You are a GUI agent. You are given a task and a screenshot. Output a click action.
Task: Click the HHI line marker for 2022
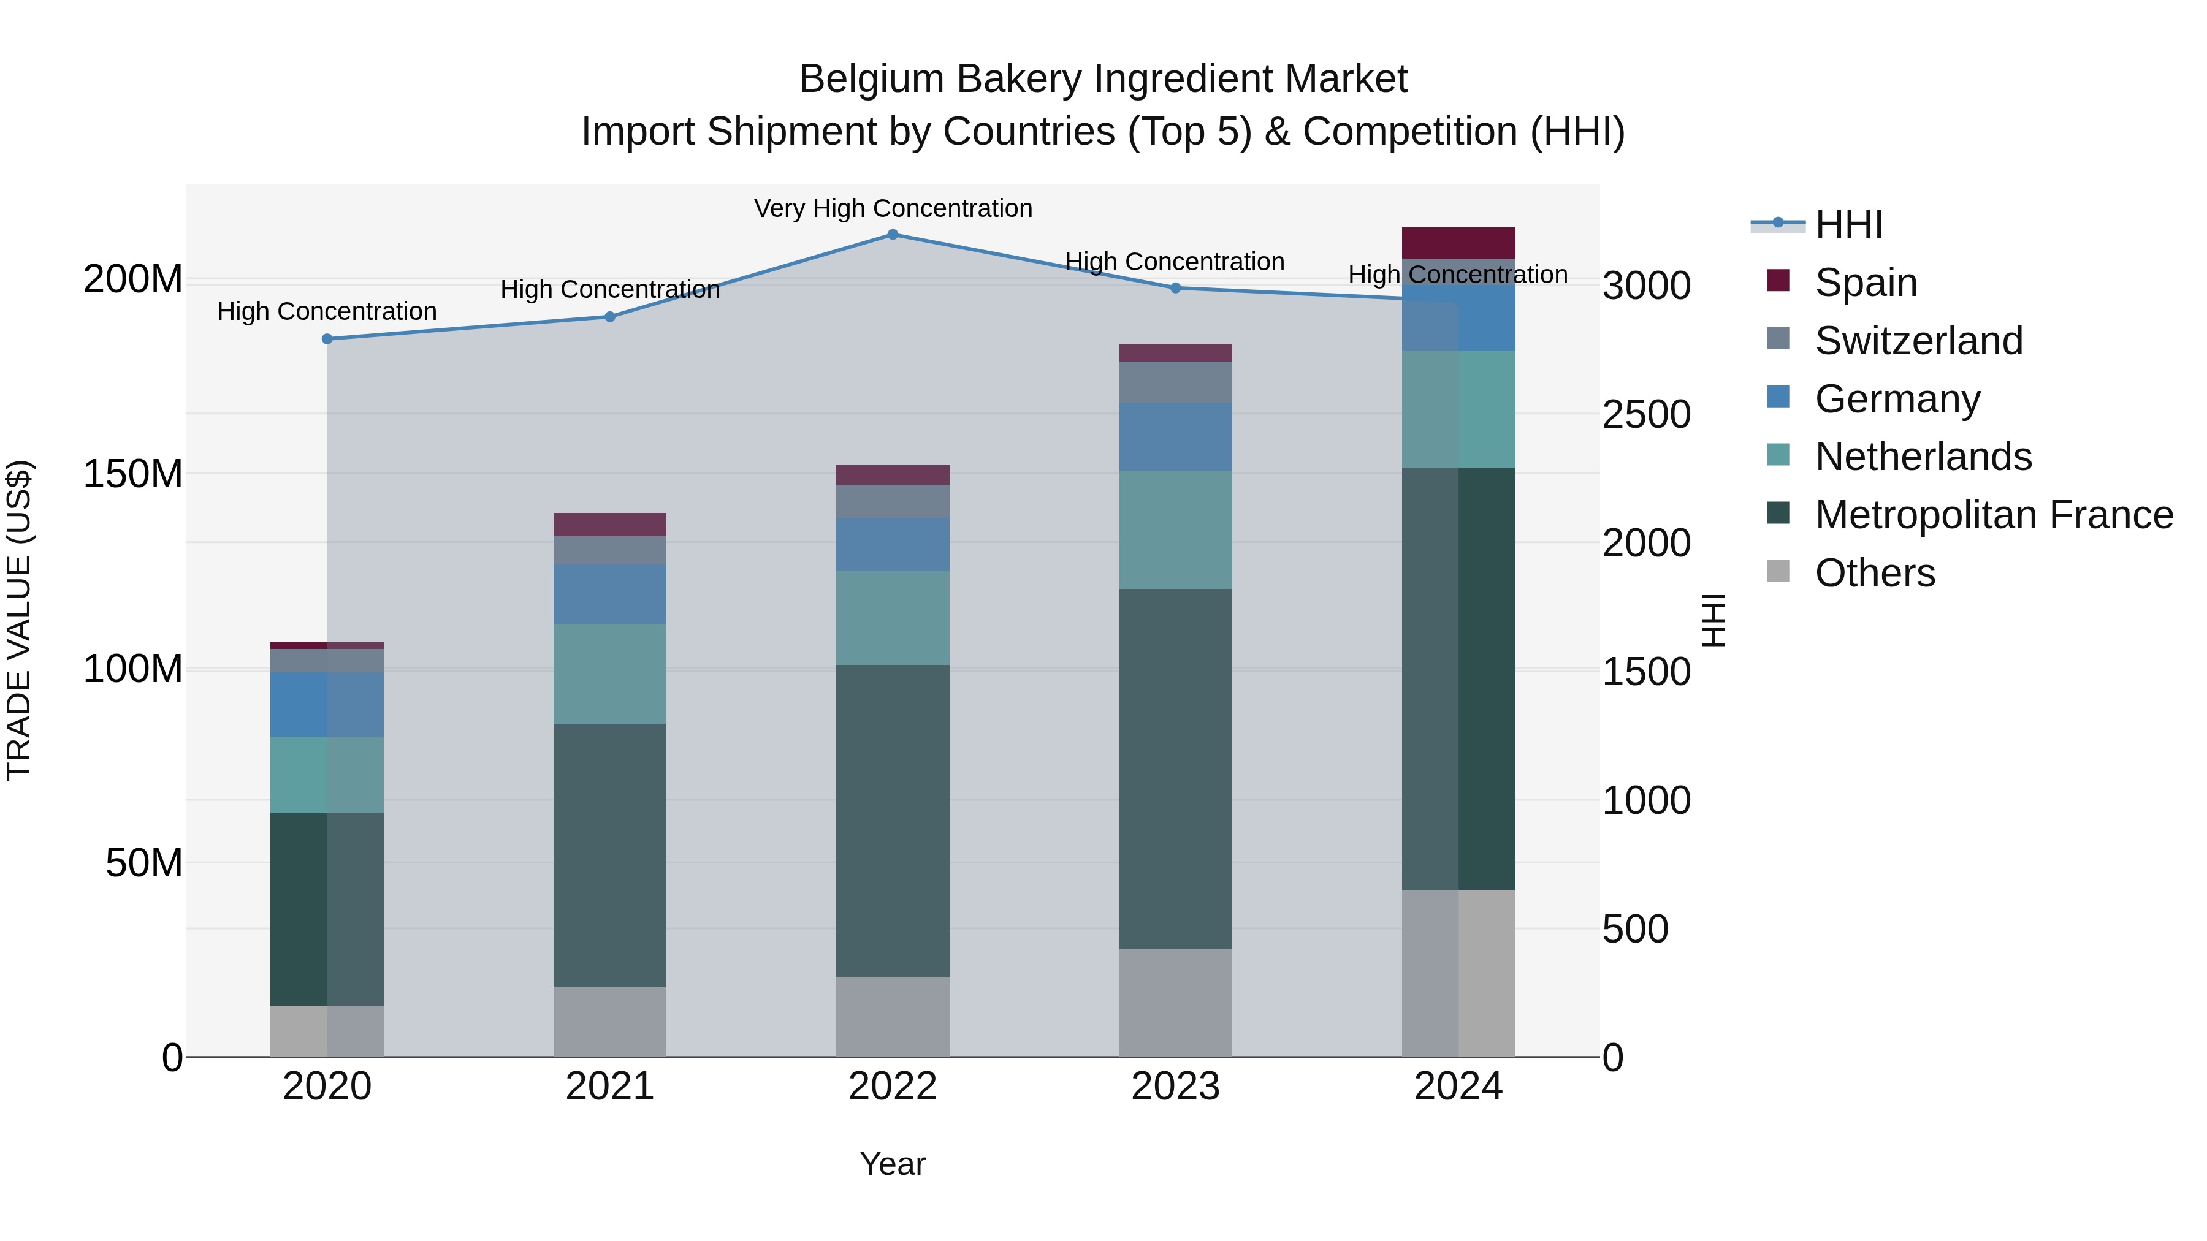[x=892, y=235]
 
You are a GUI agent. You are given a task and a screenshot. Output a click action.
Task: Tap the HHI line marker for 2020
[x=327, y=339]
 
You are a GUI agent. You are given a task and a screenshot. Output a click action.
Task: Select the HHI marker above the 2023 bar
[x=1175, y=288]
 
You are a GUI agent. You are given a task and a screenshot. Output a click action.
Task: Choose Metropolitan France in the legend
[x=1993, y=515]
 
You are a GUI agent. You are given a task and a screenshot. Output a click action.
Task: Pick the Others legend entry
[x=1875, y=573]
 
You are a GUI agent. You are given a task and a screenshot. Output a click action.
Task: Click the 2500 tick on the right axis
[x=1646, y=414]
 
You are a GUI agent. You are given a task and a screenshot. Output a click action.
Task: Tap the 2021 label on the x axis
[x=609, y=1087]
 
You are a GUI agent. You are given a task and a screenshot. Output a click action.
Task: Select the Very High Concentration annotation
[x=893, y=208]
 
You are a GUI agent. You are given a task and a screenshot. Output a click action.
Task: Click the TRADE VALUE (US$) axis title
[x=19, y=620]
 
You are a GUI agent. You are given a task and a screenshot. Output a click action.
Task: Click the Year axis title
[x=892, y=1164]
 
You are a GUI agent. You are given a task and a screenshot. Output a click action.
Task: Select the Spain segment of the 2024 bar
[x=1458, y=242]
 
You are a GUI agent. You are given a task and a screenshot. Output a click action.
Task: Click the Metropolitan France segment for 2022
[x=892, y=821]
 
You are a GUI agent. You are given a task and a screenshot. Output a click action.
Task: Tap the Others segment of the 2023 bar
[x=1175, y=1002]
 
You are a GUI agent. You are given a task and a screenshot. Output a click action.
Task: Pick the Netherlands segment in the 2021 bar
[x=609, y=674]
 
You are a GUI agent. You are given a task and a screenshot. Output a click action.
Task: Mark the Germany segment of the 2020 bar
[x=327, y=704]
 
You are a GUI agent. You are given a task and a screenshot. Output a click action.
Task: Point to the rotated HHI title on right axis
[x=1713, y=620]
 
